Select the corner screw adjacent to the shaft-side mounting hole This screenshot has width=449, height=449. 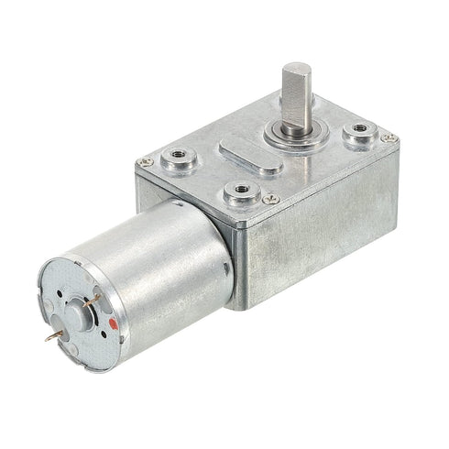[x=391, y=138]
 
